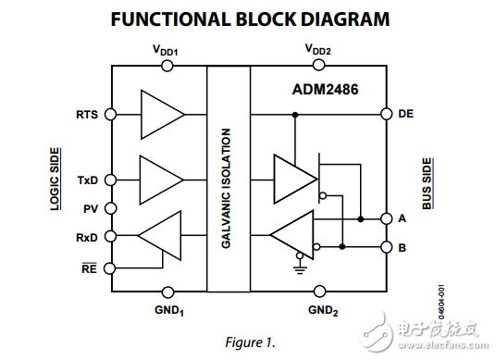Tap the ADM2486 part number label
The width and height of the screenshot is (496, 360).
click(327, 90)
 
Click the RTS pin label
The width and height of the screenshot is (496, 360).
click(87, 115)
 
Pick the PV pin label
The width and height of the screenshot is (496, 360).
click(91, 208)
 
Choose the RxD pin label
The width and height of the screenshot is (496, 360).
click(87, 237)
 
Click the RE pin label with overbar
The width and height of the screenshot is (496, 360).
click(89, 267)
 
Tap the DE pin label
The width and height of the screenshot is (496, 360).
click(404, 115)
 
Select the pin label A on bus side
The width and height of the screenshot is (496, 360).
click(403, 219)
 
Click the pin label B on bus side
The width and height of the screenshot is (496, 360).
click(403, 248)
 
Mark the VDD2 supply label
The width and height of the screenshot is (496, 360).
click(318, 48)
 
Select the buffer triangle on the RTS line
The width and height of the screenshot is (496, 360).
click(160, 115)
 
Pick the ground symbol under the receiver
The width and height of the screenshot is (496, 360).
click(298, 269)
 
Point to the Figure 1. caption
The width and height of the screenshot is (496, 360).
click(250, 341)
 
